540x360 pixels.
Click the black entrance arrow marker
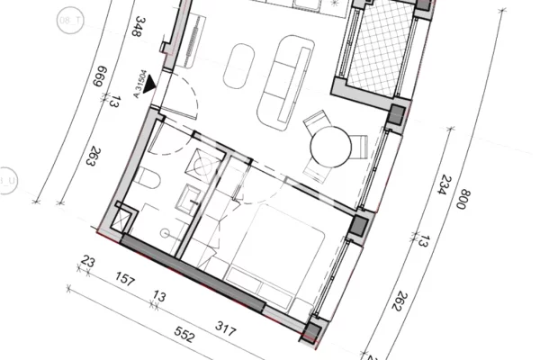point(149,84)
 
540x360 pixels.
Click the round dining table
point(329,143)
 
